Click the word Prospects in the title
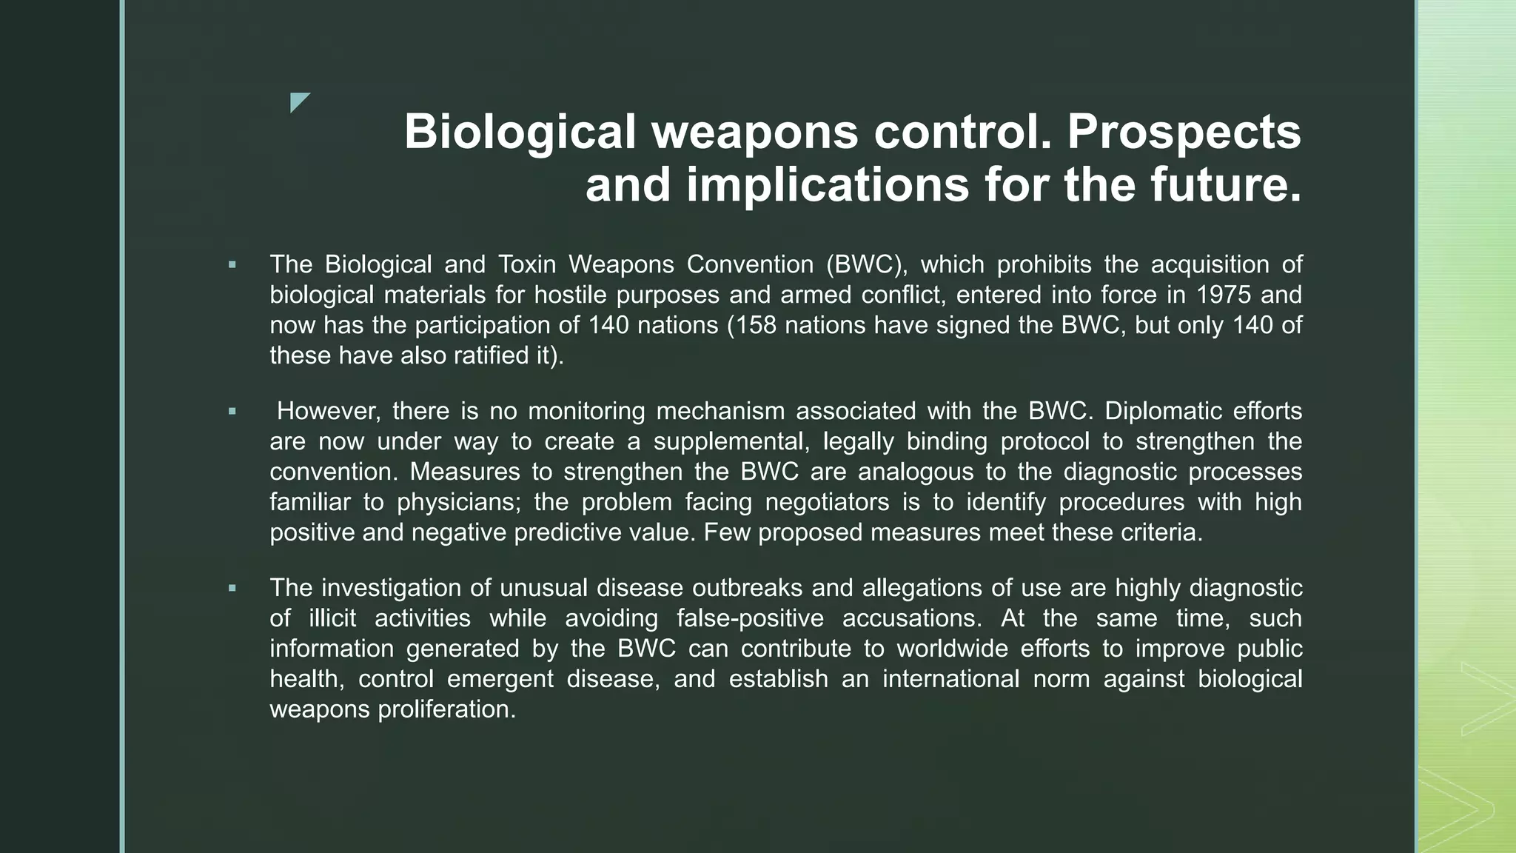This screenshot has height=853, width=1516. [x=1184, y=133]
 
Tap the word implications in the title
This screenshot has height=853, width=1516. [x=828, y=185]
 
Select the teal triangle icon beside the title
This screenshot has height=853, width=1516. [x=299, y=102]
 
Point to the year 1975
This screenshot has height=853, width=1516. [x=1224, y=295]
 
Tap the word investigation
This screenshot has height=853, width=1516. [x=392, y=588]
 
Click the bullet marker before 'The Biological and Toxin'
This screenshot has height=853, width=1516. [x=232, y=264]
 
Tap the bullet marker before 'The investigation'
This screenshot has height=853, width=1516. [x=232, y=588]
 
